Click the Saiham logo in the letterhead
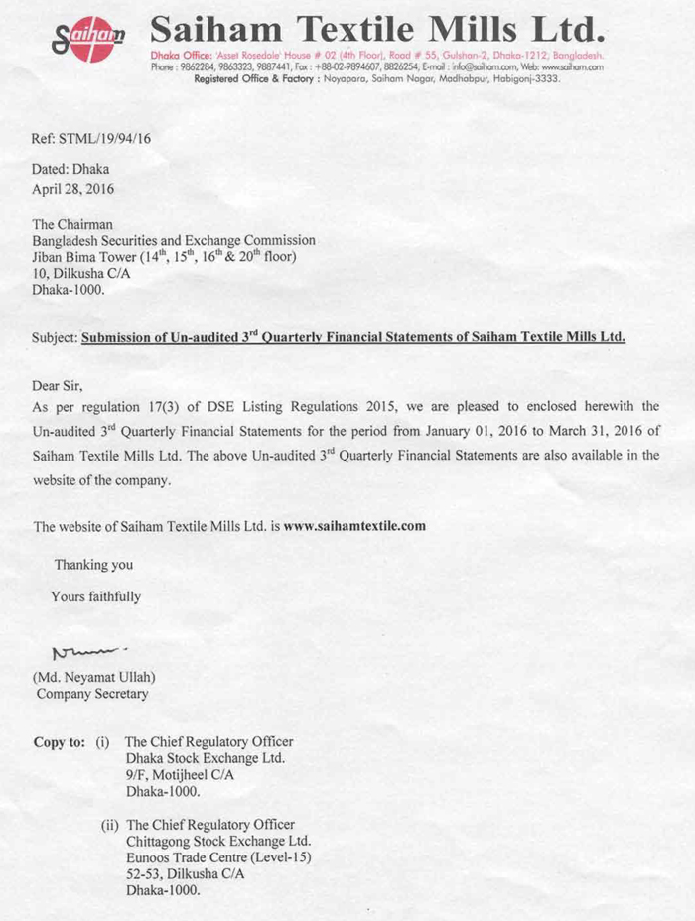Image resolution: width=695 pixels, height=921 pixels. (88, 39)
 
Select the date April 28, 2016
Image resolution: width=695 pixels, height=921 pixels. (73, 186)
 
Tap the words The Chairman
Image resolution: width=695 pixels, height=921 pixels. (72, 224)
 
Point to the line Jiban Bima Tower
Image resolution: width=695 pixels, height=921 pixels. (165, 258)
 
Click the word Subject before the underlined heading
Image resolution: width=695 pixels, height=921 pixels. (54, 337)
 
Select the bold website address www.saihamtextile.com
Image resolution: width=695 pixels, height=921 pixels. (354, 526)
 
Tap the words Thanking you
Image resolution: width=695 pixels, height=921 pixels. (93, 565)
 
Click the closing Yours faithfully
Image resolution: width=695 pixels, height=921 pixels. (95, 596)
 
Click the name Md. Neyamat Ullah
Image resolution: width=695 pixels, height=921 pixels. (94, 677)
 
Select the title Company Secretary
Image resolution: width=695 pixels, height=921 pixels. (92, 694)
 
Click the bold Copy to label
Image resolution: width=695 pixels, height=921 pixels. (59, 741)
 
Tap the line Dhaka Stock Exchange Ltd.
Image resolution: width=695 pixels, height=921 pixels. (205, 758)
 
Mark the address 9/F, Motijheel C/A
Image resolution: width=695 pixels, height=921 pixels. (180, 775)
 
